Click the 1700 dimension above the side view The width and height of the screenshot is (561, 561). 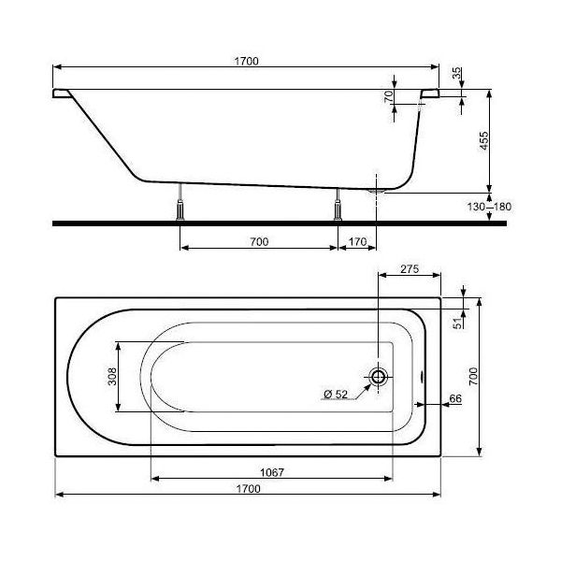(247, 61)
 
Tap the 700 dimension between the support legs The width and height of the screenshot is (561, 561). (259, 242)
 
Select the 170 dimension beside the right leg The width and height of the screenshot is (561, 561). (357, 242)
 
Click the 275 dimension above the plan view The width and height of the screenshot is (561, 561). (409, 268)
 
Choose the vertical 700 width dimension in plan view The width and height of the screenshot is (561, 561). (474, 377)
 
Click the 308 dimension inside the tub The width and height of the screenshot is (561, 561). (111, 377)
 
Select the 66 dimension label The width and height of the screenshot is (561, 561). (455, 399)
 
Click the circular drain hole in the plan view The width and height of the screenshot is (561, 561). (379, 377)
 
